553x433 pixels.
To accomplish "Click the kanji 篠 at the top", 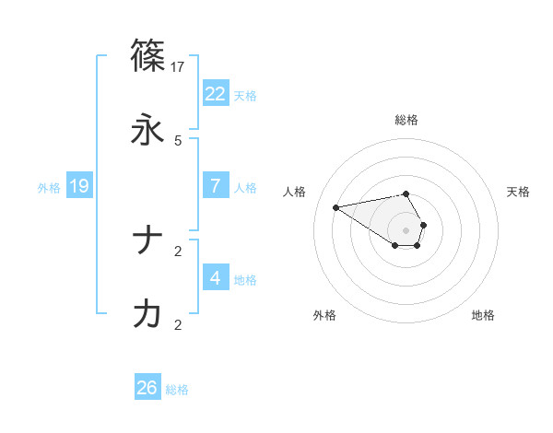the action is (147, 56).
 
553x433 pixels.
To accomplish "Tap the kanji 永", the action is (147, 130).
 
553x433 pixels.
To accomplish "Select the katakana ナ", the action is (147, 240).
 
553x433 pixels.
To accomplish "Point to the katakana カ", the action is (147, 314).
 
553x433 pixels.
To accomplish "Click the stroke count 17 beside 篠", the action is (178, 66).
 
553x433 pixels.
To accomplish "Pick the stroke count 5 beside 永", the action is (178, 140).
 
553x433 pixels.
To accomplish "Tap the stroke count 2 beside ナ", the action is (178, 251).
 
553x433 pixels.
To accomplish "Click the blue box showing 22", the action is (216, 93).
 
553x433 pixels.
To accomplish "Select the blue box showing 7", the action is (216, 185).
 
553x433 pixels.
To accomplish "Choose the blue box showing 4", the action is (216, 277).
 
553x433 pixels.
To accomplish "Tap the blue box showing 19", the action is (79, 186).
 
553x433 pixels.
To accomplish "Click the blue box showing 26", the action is (147, 388).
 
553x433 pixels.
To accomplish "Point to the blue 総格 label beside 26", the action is (177, 390).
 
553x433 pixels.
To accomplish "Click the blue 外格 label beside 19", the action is (49, 187).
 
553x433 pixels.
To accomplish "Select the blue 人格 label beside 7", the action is (245, 187).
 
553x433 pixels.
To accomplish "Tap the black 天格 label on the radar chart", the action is (518, 192).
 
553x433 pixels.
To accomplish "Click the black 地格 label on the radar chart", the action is (483, 315).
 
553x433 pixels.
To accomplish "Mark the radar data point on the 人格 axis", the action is (336, 206).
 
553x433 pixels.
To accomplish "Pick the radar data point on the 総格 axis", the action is (406, 193).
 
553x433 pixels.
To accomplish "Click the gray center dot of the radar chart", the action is (406, 229).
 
